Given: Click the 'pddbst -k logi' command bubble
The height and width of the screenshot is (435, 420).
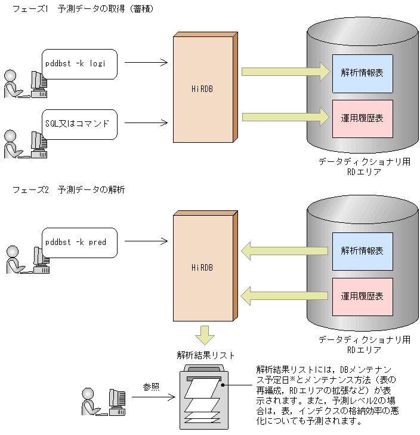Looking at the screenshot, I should coord(79,64).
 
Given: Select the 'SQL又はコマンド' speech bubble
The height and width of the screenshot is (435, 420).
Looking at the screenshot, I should coord(79,124).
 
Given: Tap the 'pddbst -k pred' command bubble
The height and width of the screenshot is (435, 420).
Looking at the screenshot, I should coord(79,242).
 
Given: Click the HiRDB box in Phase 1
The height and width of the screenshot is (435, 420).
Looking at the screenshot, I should coord(203,90).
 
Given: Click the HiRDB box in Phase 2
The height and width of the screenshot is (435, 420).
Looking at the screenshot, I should coord(203,267).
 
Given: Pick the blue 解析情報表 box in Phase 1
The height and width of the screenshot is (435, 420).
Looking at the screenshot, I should coord(363,73).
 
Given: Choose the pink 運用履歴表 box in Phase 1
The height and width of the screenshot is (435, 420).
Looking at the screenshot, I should coord(363,118).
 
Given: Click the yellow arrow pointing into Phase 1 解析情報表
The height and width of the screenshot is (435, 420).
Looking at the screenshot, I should coord(285,72).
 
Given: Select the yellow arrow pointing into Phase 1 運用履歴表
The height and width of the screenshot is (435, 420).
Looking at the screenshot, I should coord(285,117).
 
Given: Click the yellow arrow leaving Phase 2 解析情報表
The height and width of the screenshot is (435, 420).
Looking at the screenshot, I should coord(285,250).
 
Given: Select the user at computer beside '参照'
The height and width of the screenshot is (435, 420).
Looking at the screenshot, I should coord(104,401).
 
